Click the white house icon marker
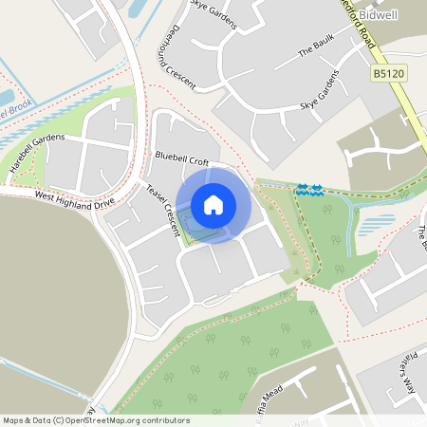pos(213,205)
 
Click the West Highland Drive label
pos(74,199)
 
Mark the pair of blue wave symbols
pos(309,190)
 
